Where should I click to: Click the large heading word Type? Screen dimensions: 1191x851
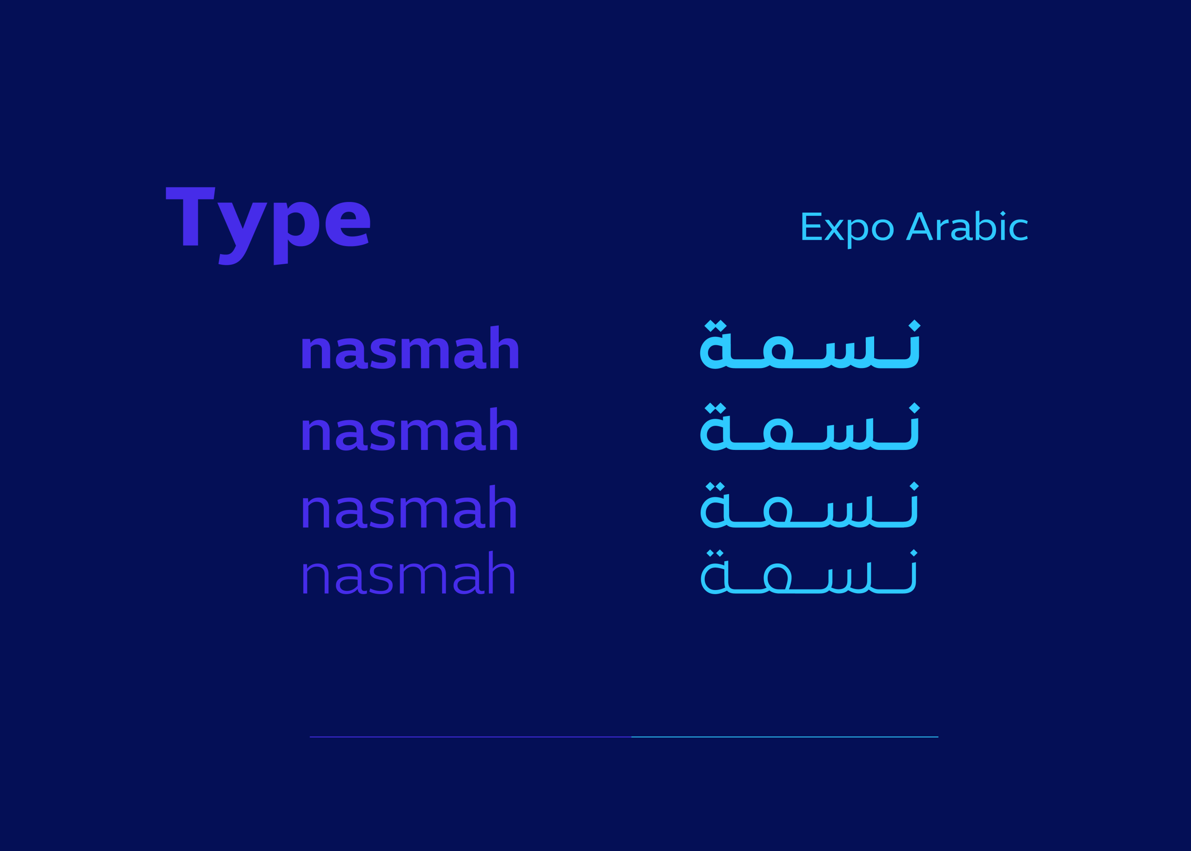(268, 225)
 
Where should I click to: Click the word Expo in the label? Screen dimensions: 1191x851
(847, 229)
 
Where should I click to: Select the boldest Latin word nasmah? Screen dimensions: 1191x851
(410, 348)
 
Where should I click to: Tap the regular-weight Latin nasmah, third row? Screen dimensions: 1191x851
(408, 507)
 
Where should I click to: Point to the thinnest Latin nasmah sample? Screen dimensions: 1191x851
(408, 573)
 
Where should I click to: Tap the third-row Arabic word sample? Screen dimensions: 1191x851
(810, 505)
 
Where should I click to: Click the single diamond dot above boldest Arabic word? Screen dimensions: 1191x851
(914, 325)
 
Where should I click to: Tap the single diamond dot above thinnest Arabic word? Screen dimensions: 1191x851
(914, 553)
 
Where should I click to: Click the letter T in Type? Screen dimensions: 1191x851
(190, 216)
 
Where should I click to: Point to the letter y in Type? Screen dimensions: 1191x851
(242, 234)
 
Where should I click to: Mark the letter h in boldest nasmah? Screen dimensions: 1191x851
(504, 347)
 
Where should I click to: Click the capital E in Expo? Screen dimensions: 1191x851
(812, 227)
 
